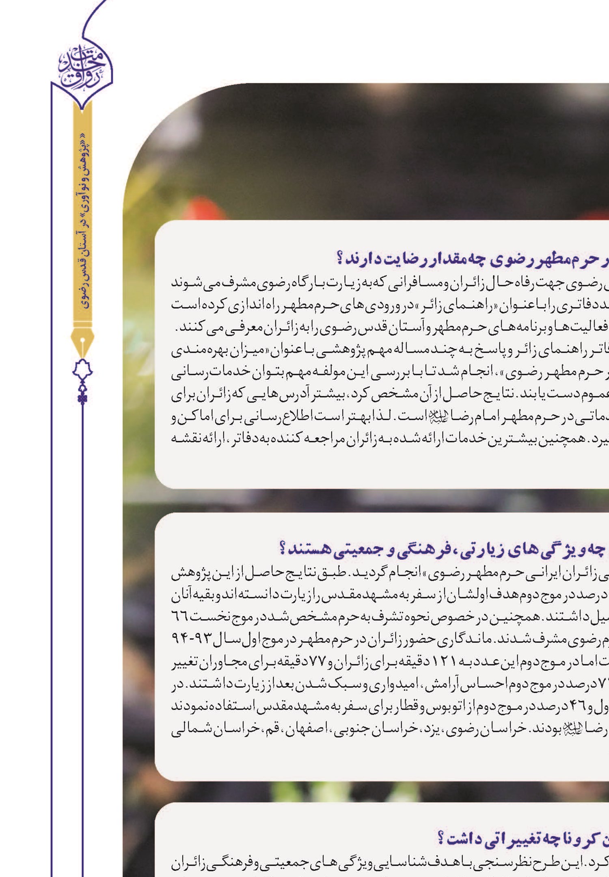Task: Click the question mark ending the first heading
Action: [341, 259]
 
